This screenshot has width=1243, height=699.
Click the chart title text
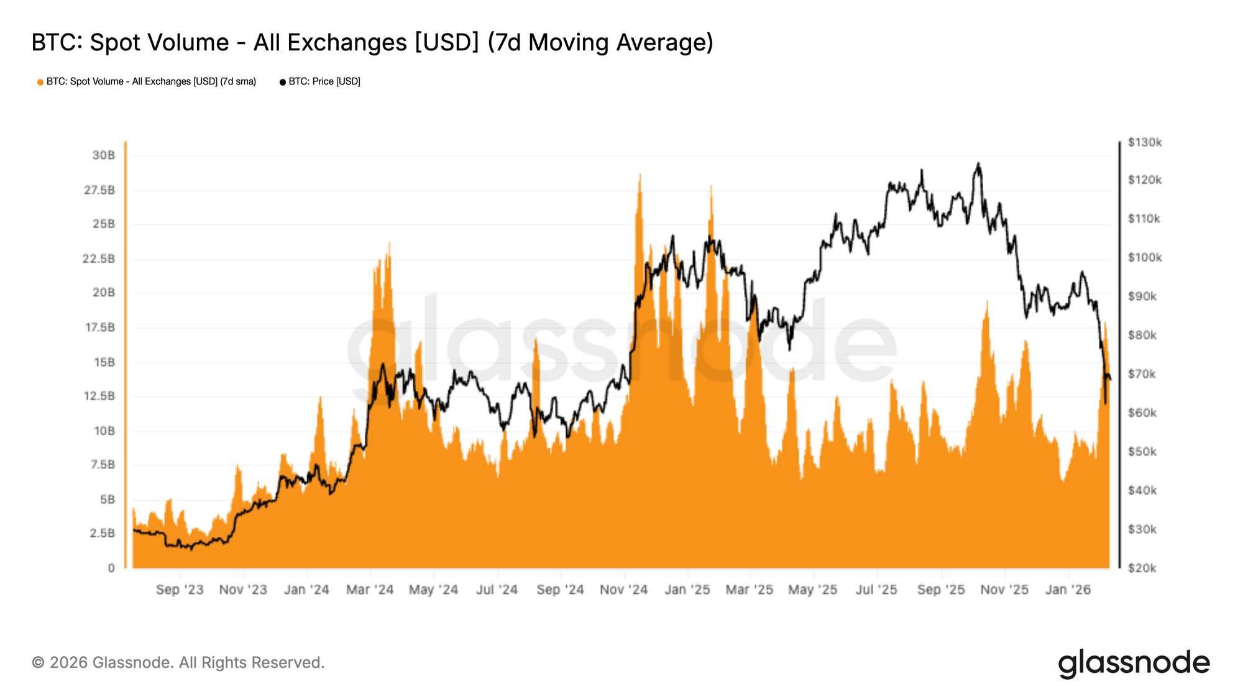[x=372, y=42]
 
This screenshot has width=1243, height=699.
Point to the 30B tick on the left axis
[x=104, y=155]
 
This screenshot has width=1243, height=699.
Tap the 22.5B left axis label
[x=99, y=258]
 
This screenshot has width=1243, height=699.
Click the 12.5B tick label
[x=99, y=396]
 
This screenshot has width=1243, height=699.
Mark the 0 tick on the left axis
[x=111, y=567]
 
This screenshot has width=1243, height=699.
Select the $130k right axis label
[x=1145, y=142]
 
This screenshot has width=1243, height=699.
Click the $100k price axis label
[x=1145, y=257]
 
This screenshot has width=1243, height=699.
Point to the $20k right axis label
[x=1142, y=568]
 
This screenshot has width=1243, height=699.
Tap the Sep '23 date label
[x=180, y=590]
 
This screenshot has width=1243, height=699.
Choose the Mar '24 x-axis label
[x=370, y=590]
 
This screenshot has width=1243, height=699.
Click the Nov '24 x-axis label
[x=623, y=590]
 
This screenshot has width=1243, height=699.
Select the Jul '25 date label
[x=876, y=590]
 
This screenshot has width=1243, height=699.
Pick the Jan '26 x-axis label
[x=1068, y=590]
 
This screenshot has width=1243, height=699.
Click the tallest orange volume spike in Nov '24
[x=640, y=176]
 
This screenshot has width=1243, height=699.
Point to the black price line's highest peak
[x=978, y=164]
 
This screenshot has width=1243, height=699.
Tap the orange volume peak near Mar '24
[x=389, y=245]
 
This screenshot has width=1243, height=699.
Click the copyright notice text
[x=178, y=662]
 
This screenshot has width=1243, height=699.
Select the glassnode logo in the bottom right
[x=1134, y=663]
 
